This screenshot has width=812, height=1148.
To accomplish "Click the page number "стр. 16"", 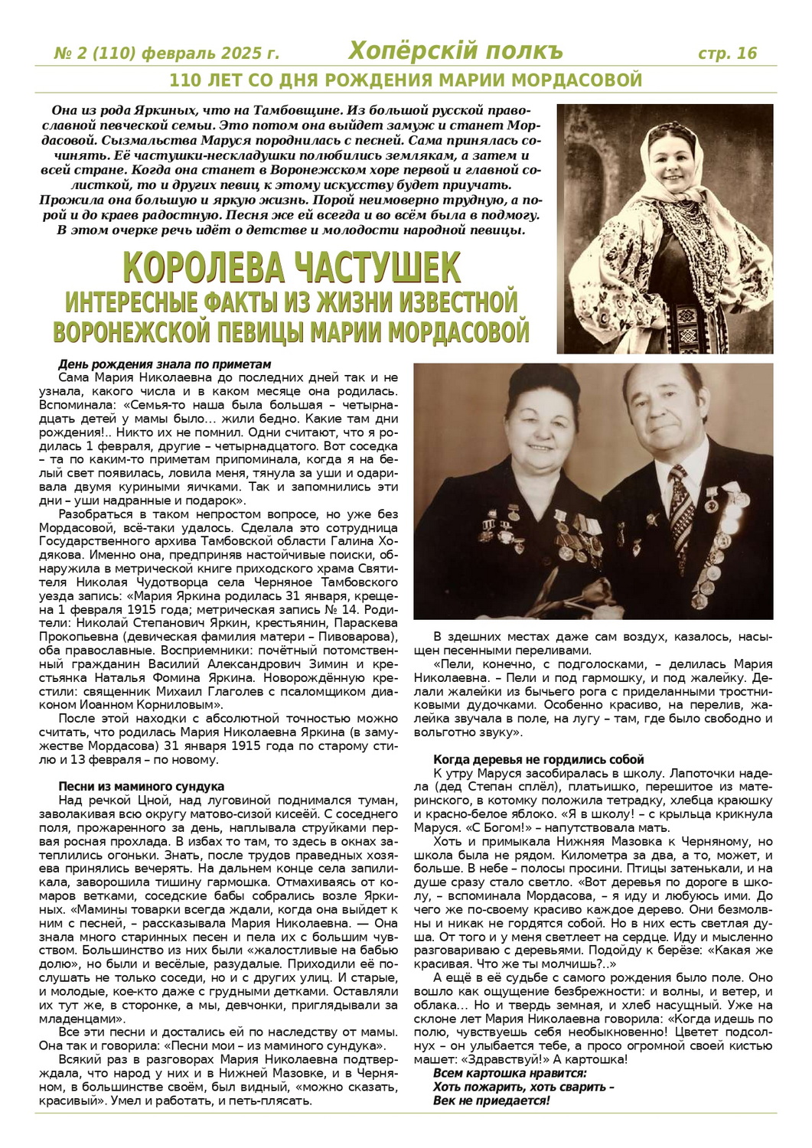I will point(727,53).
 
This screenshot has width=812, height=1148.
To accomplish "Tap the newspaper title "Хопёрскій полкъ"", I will point(455,51).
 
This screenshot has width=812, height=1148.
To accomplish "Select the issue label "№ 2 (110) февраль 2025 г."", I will point(166,54).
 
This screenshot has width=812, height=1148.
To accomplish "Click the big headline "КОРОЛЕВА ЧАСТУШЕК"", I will point(292,269).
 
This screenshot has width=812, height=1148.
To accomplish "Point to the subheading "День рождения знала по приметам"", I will point(165,364).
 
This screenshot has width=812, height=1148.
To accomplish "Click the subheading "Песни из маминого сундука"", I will point(141,786).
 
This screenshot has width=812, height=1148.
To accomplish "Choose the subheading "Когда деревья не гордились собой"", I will point(539,759).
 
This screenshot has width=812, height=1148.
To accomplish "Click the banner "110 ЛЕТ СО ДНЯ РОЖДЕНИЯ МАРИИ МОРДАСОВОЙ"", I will point(405,80).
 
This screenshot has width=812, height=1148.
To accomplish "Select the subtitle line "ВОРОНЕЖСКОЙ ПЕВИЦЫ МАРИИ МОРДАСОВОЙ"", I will point(292,332).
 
